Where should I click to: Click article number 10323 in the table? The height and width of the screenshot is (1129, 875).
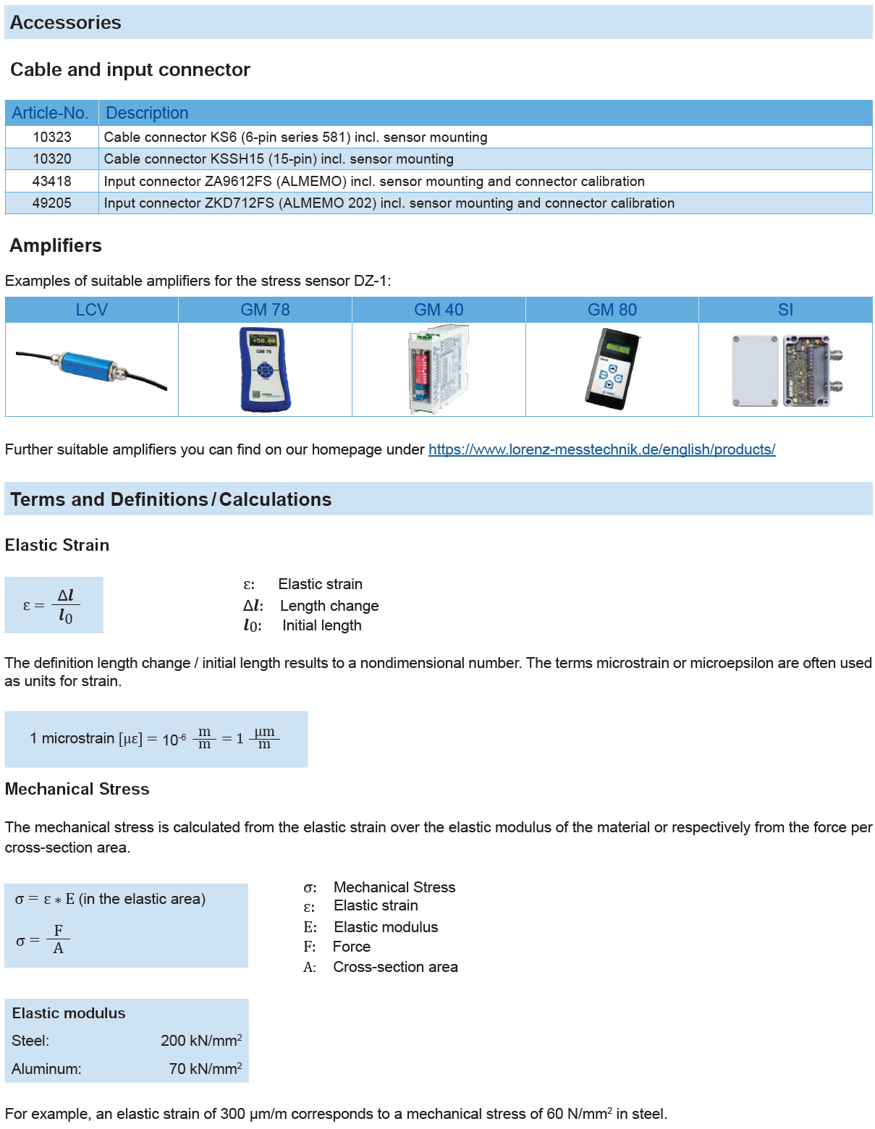point(52,138)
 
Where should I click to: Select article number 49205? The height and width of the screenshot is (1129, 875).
point(52,203)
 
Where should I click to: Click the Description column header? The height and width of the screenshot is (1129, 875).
point(147,113)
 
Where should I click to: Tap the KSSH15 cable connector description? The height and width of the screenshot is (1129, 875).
point(279,159)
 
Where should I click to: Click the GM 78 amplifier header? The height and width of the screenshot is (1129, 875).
point(265,310)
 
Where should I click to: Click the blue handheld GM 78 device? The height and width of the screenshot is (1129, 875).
point(265,369)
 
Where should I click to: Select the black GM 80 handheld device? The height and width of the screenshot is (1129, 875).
point(612,369)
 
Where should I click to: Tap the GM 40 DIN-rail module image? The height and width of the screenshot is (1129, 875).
point(439,369)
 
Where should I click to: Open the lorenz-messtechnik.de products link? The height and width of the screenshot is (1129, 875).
point(601,449)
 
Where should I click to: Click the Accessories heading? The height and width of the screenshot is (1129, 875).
point(66,22)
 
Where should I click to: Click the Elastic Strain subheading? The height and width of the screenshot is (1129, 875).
point(57,545)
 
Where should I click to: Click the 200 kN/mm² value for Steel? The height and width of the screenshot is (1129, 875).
point(200,1041)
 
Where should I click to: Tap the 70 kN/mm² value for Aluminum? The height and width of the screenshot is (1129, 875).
point(205,1069)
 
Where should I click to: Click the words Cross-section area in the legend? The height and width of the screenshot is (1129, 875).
point(395,967)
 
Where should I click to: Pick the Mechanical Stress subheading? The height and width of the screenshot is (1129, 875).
point(77,789)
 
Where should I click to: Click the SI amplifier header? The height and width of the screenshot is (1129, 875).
point(785,310)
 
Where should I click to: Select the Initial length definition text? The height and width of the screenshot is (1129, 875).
point(321,625)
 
